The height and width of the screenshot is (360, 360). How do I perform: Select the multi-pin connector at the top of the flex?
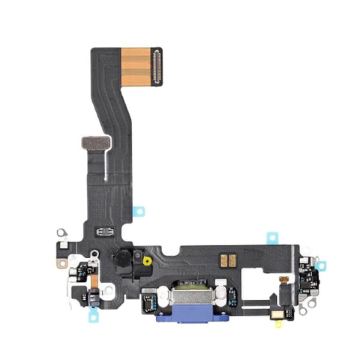(155, 67)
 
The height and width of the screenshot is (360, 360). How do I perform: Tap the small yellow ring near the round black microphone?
(148, 262)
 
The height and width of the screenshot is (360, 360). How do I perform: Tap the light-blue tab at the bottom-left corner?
(93, 315)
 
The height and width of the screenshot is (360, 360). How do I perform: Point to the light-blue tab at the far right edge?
(324, 265)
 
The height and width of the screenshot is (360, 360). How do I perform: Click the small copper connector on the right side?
(284, 279)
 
